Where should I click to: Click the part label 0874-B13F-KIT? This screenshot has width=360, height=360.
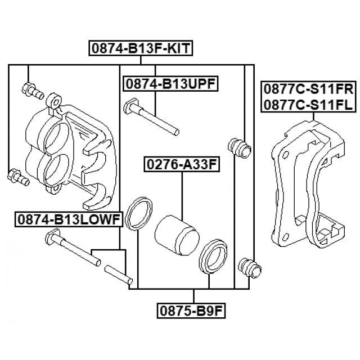(x=141, y=48)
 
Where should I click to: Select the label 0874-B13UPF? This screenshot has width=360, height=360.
(x=170, y=84)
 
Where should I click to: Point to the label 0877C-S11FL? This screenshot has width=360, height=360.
(x=308, y=105)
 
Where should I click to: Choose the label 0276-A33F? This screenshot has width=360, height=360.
(x=182, y=164)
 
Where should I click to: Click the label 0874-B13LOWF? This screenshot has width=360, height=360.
(x=69, y=220)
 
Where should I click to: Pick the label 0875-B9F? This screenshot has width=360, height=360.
(x=191, y=311)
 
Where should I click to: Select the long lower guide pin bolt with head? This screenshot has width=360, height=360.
(x=73, y=247)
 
